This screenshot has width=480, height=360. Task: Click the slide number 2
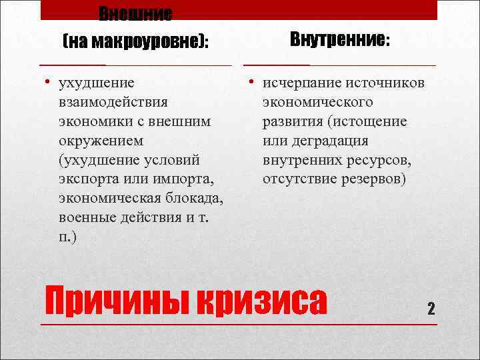click(431, 309)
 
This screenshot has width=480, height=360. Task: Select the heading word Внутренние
click(338, 40)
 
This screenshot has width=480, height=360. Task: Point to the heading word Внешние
click(135, 13)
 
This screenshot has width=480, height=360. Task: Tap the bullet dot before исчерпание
click(252, 83)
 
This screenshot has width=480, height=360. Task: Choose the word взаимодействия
click(113, 103)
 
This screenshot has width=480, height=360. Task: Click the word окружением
click(99, 141)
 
